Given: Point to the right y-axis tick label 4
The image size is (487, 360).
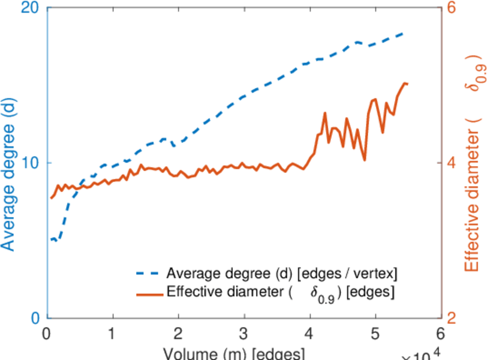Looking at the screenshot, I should (x=452, y=163).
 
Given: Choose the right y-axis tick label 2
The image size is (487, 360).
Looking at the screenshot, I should (x=452, y=317).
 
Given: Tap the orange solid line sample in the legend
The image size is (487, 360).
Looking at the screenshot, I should (x=148, y=294).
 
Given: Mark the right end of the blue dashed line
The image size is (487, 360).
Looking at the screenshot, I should (x=403, y=34).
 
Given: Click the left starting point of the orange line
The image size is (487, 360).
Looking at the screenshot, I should (x=50, y=198).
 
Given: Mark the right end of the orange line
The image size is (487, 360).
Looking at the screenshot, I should (x=407, y=84).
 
